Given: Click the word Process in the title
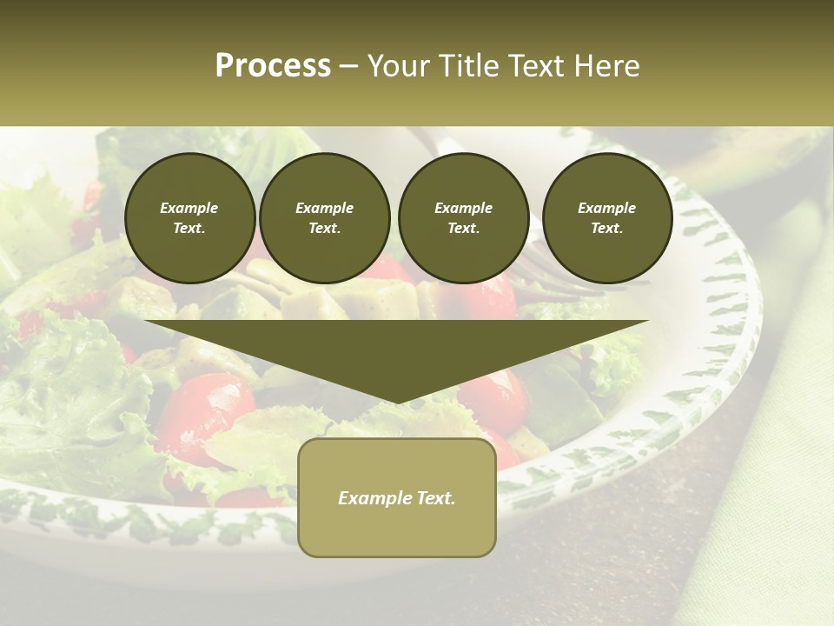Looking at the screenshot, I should pos(273,65).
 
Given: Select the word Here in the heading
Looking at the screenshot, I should pos(606,65).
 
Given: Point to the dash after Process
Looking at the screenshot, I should pos(349,66).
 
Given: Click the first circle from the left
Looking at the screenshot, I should pos(190,218).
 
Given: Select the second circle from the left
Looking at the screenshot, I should pos(325,218).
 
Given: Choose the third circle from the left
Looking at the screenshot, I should pos(463,218).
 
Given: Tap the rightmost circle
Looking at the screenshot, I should pos(607,218).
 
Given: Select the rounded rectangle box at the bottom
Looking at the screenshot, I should pos(397,497).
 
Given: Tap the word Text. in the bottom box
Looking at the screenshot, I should pos(436,498).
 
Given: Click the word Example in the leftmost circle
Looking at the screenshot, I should pos(189,208).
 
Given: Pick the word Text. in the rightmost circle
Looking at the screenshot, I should pos(607,229).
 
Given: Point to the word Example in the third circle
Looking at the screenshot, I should pos(463,208).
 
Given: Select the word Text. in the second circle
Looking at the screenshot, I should pos(325,229).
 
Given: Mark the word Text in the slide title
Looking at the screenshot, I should pos(535,65).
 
